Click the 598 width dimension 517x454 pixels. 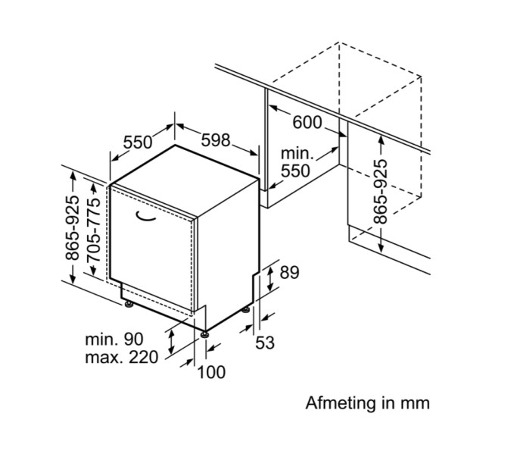216,139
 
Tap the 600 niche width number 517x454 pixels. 307,121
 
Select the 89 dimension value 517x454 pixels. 289,273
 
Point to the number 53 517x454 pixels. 264,343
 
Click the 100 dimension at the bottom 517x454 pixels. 211,372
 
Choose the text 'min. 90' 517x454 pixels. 114,338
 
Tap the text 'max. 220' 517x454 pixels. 121,356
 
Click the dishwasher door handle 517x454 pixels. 145,218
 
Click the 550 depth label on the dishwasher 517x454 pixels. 138,142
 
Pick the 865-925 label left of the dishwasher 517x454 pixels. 73,228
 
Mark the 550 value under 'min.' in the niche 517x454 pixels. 295,171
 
